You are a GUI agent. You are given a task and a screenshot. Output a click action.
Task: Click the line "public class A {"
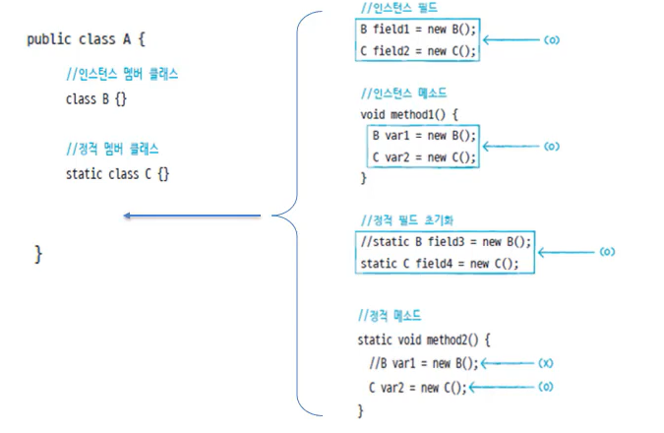(x=86, y=39)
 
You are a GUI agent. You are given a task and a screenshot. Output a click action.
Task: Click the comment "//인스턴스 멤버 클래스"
(x=121, y=75)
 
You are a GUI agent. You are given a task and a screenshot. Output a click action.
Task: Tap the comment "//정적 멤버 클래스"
(x=112, y=149)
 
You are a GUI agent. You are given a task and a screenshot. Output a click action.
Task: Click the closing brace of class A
(x=38, y=254)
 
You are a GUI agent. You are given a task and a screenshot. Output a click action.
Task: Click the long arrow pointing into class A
(x=192, y=216)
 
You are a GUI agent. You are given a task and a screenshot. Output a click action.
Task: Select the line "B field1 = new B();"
(x=417, y=29)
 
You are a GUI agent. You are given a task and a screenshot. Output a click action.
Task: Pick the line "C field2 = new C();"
(x=417, y=51)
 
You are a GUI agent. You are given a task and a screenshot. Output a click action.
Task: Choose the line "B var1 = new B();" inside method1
(x=424, y=135)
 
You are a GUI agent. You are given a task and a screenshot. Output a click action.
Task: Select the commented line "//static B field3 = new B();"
(x=446, y=241)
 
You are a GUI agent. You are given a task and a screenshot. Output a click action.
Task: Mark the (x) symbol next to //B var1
(x=546, y=363)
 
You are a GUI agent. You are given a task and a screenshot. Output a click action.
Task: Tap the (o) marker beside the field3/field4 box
(x=607, y=252)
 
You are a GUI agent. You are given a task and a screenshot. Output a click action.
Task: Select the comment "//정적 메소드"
(x=390, y=316)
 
